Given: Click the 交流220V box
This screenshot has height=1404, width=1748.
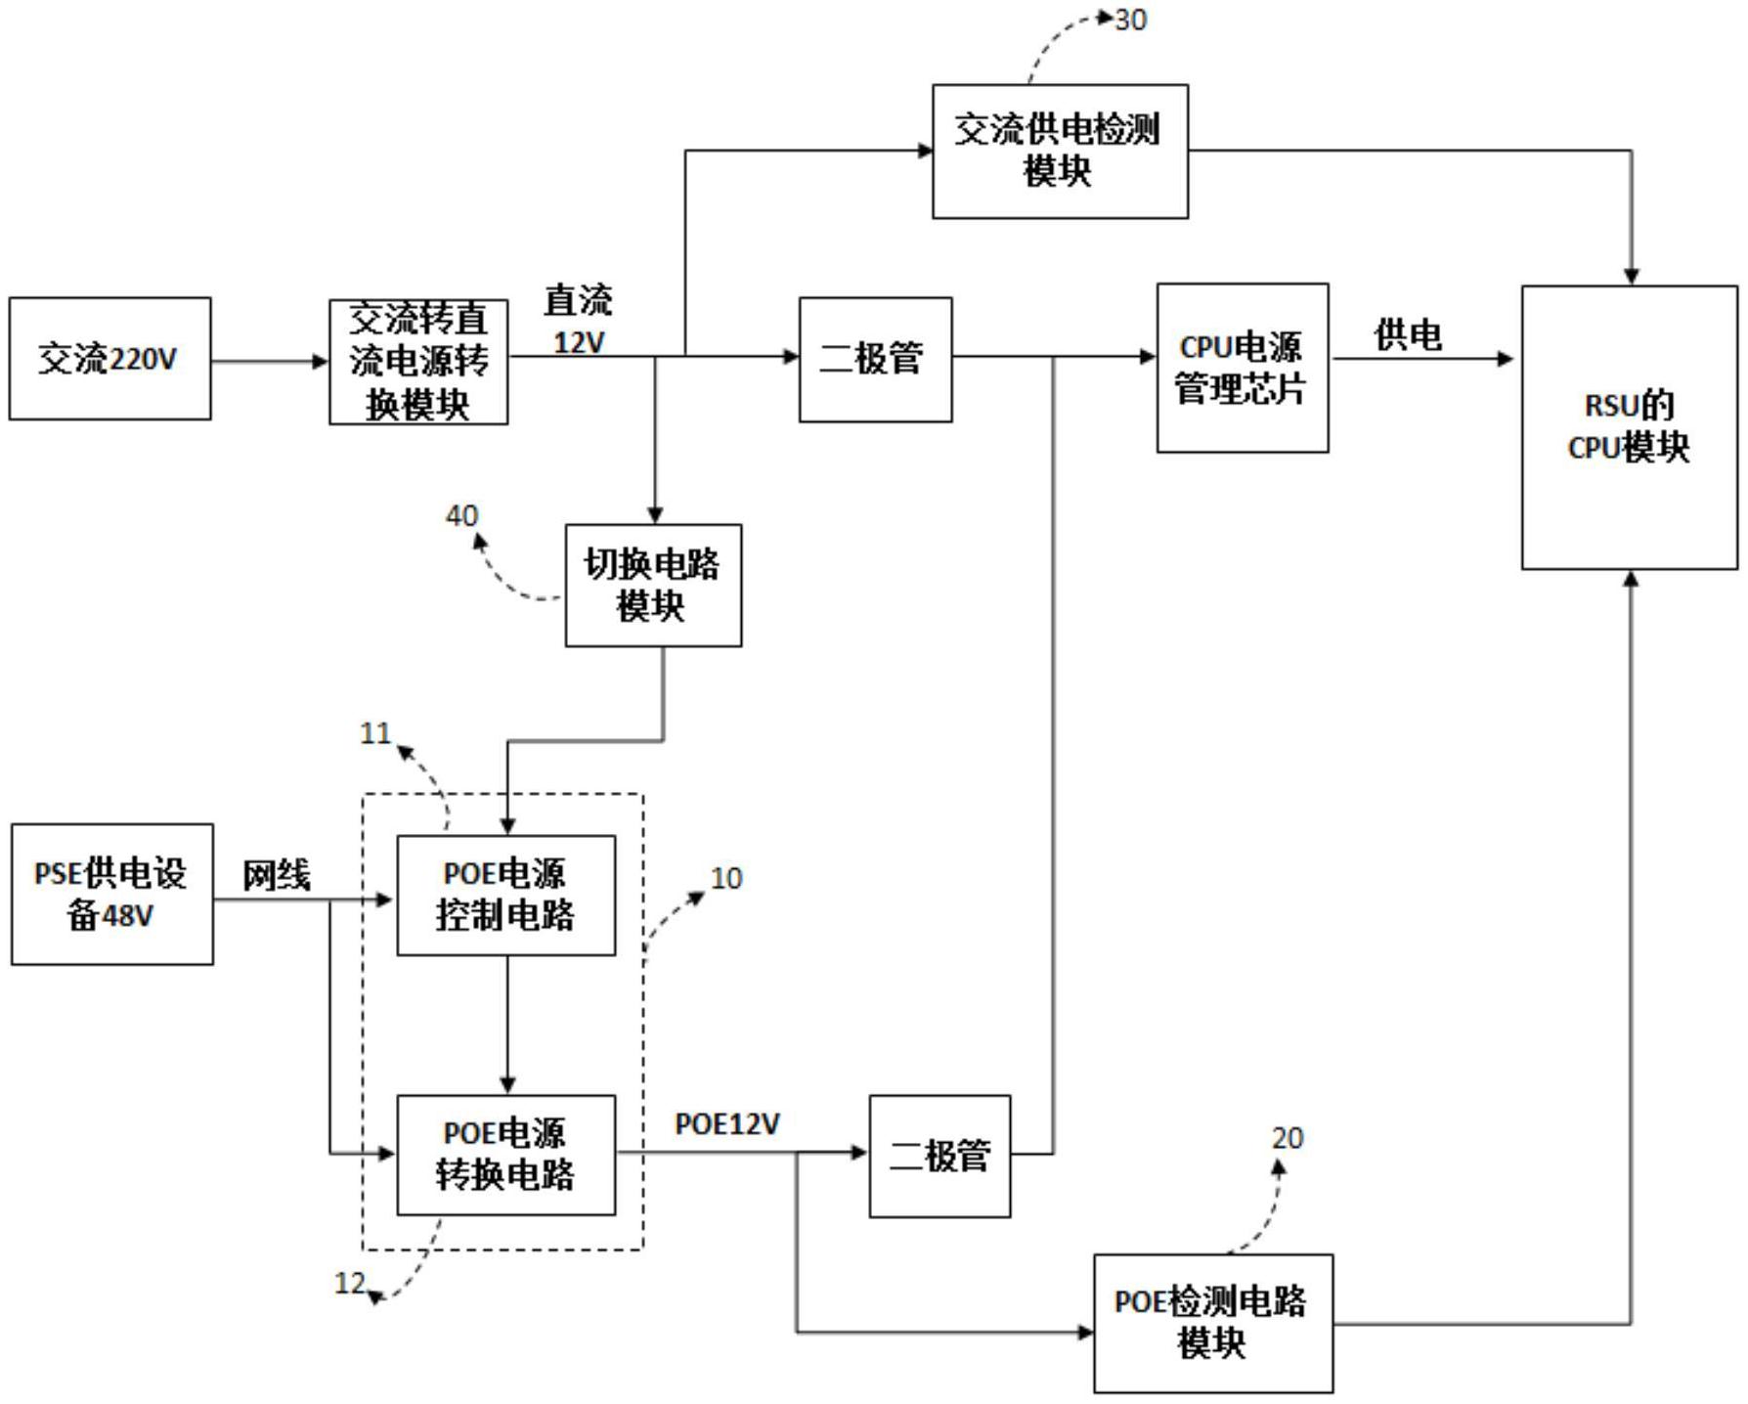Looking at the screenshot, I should pyautogui.click(x=109, y=359).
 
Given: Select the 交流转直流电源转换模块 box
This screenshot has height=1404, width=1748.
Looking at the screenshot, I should pyautogui.click(x=418, y=362).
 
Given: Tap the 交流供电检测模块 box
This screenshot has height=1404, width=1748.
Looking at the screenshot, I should pyautogui.click(x=1060, y=152).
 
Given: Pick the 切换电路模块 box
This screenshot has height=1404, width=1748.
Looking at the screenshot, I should pyautogui.click(x=653, y=585).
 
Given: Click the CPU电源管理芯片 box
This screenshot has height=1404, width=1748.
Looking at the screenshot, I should pyautogui.click(x=1242, y=368).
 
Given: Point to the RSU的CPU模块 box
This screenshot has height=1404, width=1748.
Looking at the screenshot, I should pyautogui.click(x=1629, y=427).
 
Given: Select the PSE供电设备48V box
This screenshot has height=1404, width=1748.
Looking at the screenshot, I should pyautogui.click(x=111, y=894).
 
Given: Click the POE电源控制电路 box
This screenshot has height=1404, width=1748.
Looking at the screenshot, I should pyautogui.click(x=505, y=895).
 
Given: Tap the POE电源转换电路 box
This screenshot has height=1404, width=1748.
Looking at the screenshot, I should pyautogui.click(x=505, y=1155).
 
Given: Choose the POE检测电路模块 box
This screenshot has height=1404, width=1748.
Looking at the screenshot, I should pyautogui.click(x=1212, y=1323).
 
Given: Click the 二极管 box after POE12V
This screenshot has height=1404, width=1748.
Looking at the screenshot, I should pyautogui.click(x=940, y=1156).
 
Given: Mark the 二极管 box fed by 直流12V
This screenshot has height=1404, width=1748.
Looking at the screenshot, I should pyautogui.click(x=875, y=359).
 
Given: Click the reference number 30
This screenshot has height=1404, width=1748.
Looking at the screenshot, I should pyautogui.click(x=1131, y=21).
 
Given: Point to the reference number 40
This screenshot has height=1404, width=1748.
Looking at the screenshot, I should pyautogui.click(x=461, y=515).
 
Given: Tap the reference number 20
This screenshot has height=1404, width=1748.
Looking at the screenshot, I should pyautogui.click(x=1288, y=1138).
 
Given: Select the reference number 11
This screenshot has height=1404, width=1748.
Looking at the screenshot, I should pyautogui.click(x=375, y=733).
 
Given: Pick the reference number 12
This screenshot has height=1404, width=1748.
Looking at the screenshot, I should pyautogui.click(x=350, y=1283).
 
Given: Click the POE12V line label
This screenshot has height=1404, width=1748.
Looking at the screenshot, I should pyautogui.click(x=727, y=1124).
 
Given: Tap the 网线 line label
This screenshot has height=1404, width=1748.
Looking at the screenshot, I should pyautogui.click(x=277, y=875).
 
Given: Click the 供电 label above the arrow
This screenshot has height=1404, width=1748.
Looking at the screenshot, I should pyautogui.click(x=1408, y=335).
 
